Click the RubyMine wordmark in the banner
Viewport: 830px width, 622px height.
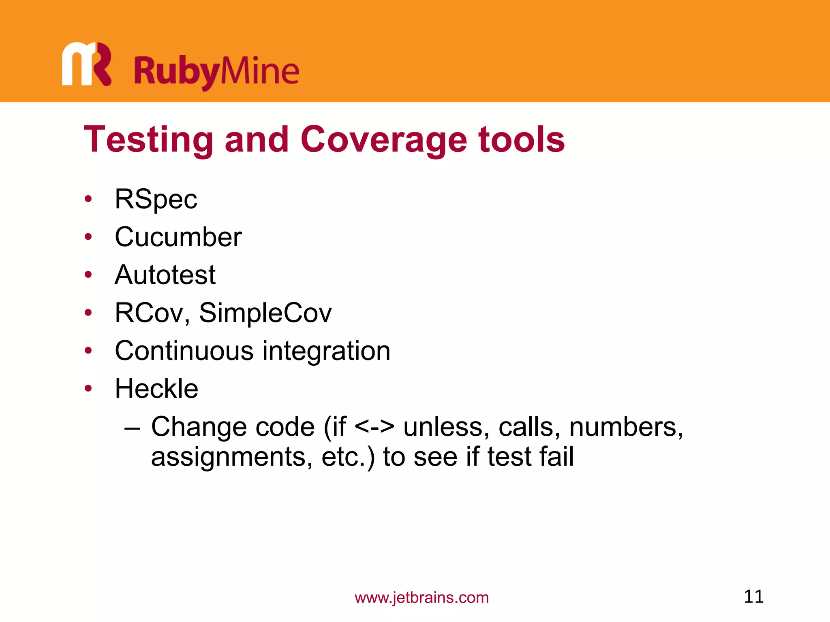tap(216, 72)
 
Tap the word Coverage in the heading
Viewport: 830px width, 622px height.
tap(384, 140)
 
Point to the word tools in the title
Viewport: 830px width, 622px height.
tap(522, 140)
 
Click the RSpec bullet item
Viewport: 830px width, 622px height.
tap(156, 199)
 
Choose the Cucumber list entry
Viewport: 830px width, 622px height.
tap(178, 237)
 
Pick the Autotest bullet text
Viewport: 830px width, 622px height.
tap(165, 275)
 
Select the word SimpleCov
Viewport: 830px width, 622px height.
tap(265, 313)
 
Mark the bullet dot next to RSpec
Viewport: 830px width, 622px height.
tap(88, 199)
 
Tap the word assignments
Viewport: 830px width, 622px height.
tap(231, 457)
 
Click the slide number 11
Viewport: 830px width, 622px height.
tap(753, 596)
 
